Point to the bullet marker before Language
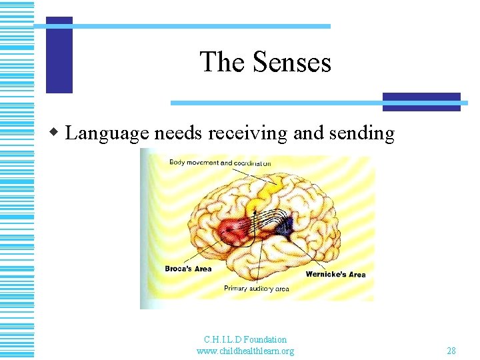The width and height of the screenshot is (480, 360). [x=58, y=133]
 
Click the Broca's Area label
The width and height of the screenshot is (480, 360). [x=188, y=269]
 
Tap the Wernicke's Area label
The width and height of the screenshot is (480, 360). [x=335, y=274]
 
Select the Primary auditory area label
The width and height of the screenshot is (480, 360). [x=257, y=289]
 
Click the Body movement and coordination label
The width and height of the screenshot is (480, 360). [x=220, y=162]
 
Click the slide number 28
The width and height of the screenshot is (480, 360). [x=451, y=351]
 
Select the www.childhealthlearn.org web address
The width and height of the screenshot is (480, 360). [x=245, y=351]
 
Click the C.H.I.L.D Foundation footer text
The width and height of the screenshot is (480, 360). [x=245, y=340]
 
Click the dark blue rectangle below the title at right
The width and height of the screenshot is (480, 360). [x=421, y=101]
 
